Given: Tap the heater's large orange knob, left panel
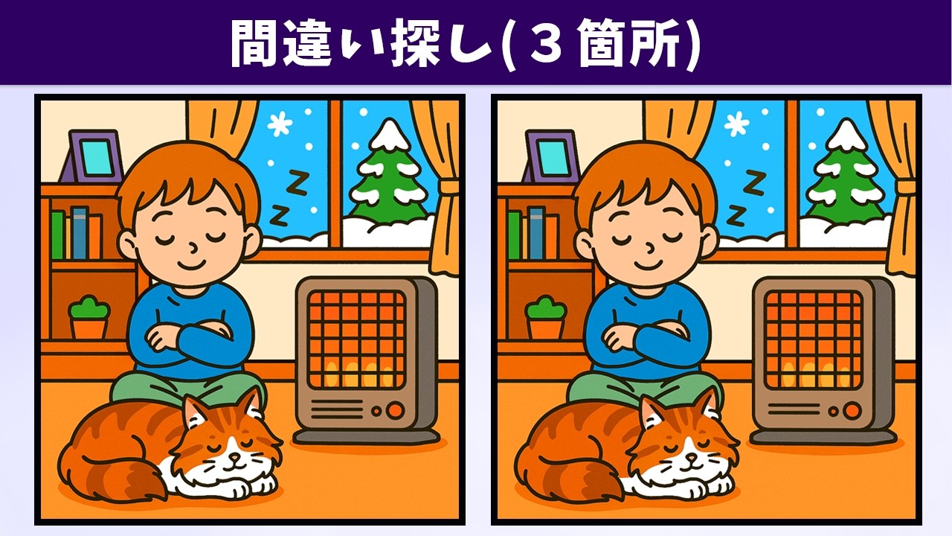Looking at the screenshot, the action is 395,410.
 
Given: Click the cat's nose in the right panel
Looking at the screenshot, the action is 691,458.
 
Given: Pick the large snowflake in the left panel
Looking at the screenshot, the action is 280,124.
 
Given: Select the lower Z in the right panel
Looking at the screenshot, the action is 736,215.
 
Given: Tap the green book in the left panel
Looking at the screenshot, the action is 57,234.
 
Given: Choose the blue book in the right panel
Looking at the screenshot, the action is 536,233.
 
